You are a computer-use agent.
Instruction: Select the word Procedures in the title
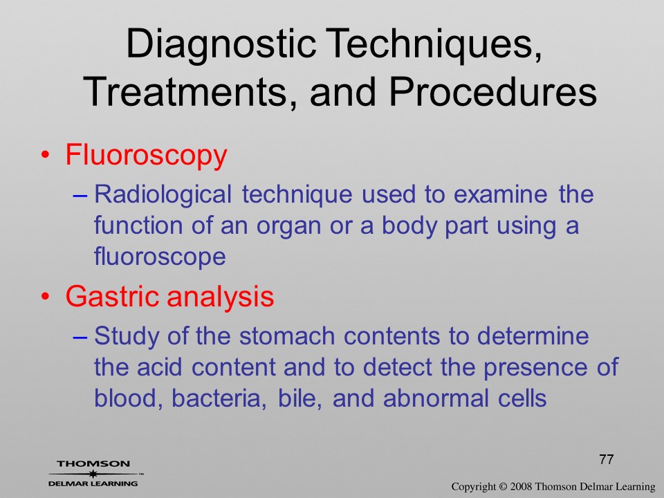[x=493, y=92]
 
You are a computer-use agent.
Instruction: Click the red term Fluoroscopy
[x=146, y=156]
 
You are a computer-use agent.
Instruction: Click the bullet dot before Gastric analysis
[x=46, y=297]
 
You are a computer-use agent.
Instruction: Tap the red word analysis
[x=220, y=297]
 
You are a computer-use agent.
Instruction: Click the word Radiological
[x=163, y=195]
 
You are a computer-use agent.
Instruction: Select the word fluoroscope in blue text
[x=160, y=256]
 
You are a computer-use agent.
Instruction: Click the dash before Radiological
[x=80, y=196]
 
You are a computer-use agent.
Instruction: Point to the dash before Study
[x=80, y=338]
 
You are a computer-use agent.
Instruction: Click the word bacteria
[x=219, y=398]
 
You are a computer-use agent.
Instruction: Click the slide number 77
[x=607, y=459]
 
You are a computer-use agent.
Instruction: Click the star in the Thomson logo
[x=92, y=474]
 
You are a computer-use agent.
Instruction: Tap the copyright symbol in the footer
[x=503, y=487]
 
